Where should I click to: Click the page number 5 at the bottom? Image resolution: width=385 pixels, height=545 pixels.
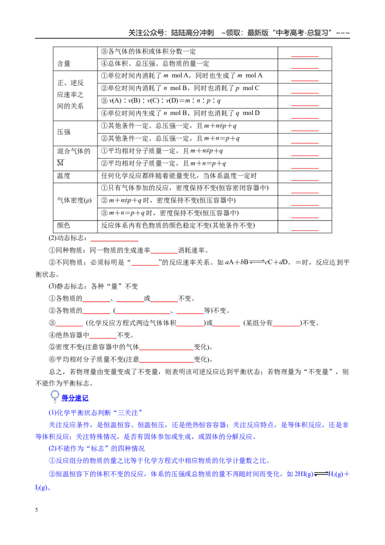pyautogui.click(x=37, y=510)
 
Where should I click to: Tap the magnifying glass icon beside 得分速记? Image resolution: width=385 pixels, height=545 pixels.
pyautogui.click(x=54, y=396)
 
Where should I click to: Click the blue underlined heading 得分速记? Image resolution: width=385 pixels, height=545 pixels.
pyautogui.click(x=75, y=398)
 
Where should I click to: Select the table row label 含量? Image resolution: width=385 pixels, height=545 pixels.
pyautogui.click(x=64, y=64)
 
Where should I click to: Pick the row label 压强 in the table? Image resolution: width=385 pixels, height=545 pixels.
pyautogui.click(x=64, y=132)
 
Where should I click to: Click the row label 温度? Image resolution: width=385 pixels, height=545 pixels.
pyautogui.click(x=64, y=176)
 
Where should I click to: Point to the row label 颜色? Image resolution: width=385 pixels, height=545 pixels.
pyautogui.click(x=64, y=226)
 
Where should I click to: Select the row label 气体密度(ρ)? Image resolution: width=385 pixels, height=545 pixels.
pyautogui.click(x=75, y=201)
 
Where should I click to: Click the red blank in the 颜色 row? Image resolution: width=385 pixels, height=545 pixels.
pyautogui.click(x=305, y=230)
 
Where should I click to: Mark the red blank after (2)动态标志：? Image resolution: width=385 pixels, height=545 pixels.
pyautogui.click(x=115, y=241)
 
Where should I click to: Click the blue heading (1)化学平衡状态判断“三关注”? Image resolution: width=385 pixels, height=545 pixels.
pyautogui.click(x=96, y=413)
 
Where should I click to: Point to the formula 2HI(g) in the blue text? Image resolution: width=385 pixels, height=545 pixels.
pyautogui.click(x=304, y=474)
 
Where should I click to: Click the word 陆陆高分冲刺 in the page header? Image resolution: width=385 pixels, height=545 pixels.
pyautogui.click(x=192, y=33)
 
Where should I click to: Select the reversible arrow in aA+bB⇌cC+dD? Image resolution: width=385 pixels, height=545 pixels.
pyautogui.click(x=257, y=262)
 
